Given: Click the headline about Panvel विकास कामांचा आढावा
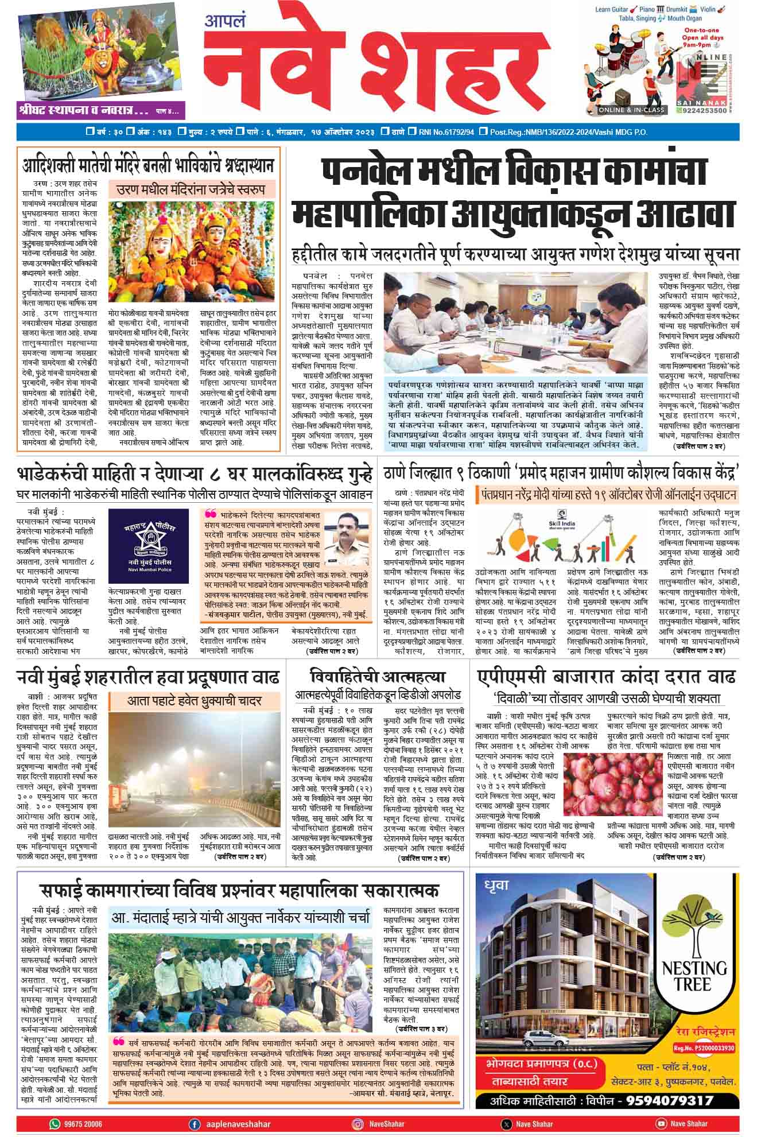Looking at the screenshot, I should coord(514,193).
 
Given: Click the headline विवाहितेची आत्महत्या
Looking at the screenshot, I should coord(377,677).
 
